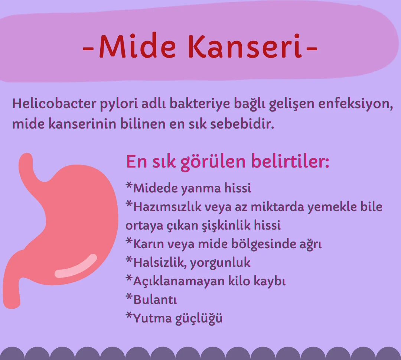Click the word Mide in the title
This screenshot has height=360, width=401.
tap(137, 47)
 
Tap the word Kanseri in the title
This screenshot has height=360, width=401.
tap(246, 47)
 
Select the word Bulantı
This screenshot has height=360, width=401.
tap(155, 299)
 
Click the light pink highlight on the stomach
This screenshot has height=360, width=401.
tap(76, 267)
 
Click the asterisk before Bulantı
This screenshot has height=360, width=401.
tap(129, 297)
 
